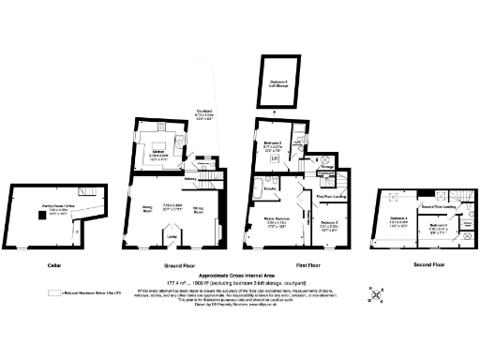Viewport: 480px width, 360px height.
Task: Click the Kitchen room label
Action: [x=161, y=154]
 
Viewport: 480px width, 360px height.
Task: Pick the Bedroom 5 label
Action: [x=437, y=226]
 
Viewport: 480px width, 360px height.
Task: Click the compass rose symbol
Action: [x=377, y=293]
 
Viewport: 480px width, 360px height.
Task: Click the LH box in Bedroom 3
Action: [x=274, y=158]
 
